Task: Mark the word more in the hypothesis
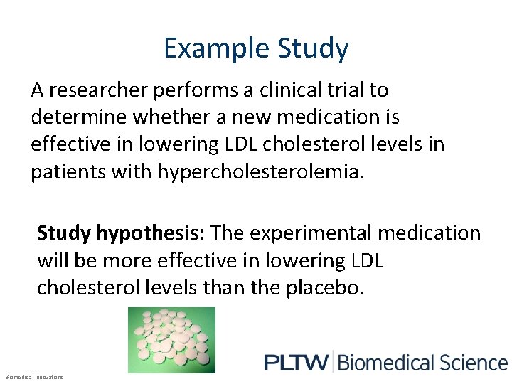(x=119, y=261)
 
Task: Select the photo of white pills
(x=171, y=340)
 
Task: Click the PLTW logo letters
(x=296, y=362)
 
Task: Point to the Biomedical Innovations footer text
(x=33, y=376)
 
